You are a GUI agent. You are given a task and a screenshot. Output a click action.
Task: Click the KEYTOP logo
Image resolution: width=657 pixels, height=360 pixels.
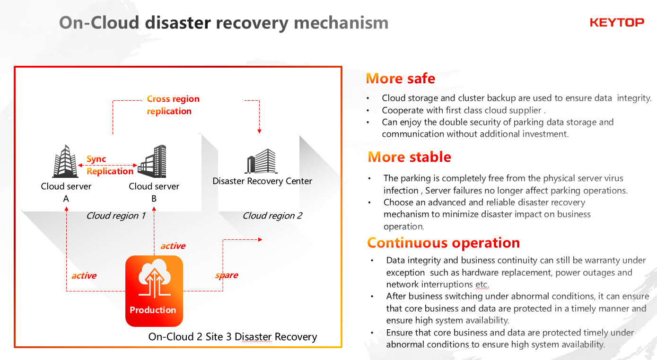617,22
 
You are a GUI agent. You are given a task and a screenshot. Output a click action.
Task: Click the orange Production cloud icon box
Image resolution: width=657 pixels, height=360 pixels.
154,290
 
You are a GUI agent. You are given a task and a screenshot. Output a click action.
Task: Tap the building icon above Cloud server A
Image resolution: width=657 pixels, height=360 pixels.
65,161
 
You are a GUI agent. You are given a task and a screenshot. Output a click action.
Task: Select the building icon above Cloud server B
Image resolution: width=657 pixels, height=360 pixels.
152,161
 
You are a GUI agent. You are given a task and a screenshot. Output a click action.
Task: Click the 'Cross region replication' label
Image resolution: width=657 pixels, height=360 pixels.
173,105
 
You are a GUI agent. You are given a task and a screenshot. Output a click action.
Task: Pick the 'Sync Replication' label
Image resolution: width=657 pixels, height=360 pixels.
110,165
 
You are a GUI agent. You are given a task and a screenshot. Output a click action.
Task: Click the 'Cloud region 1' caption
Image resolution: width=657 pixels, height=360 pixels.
115,216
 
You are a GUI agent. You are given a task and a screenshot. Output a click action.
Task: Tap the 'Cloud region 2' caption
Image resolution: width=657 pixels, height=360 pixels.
272,216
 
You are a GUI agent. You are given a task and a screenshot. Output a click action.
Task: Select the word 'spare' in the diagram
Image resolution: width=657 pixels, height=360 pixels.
227,275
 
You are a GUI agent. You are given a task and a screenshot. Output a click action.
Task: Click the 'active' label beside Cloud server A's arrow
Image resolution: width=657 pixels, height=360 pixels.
84,276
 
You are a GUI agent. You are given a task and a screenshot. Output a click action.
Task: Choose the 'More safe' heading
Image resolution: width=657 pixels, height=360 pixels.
400,79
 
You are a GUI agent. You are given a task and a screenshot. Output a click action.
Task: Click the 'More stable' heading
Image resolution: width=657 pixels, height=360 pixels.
409,157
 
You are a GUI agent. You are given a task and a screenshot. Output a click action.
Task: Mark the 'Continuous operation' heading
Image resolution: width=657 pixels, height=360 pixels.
443,243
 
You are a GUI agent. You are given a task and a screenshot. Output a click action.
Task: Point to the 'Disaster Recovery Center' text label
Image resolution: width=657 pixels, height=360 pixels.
262,181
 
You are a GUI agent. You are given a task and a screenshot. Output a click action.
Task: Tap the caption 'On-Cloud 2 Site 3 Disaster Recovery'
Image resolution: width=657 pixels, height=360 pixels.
232,337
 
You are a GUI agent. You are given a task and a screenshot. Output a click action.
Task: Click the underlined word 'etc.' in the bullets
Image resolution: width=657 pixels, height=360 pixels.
481,285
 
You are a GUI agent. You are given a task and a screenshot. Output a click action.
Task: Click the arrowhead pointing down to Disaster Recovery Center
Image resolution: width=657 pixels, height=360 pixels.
259,131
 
